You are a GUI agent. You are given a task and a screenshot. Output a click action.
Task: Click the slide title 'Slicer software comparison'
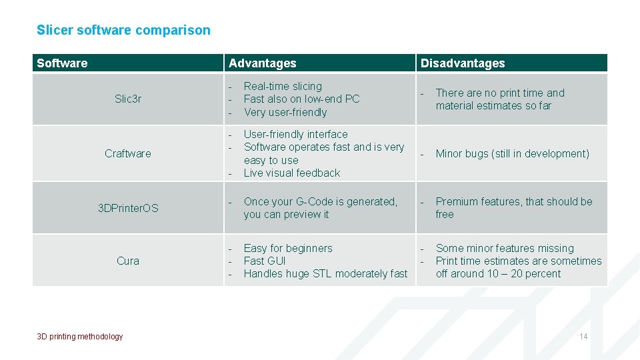123,30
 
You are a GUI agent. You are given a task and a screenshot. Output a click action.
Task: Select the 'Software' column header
62,63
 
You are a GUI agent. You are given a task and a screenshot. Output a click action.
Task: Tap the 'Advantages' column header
262,63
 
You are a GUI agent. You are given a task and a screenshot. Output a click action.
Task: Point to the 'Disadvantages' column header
462,63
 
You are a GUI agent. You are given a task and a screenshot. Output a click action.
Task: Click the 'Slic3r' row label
128,99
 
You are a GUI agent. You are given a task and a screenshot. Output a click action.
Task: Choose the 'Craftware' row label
128,153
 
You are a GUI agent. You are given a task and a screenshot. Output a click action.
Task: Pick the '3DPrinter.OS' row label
128,208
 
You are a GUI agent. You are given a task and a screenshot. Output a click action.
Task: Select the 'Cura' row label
128,261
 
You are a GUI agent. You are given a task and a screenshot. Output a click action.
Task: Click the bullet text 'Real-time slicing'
283,86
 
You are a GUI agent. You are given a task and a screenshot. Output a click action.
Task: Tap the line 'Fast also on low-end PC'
301,99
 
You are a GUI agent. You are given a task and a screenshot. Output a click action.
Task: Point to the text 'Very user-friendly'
285,112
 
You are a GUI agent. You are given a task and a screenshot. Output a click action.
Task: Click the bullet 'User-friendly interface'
295,134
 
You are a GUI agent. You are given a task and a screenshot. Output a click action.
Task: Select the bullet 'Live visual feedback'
292,173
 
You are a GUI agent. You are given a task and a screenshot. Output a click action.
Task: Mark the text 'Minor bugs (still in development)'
512,153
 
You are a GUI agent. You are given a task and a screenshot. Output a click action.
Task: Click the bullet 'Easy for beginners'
288,248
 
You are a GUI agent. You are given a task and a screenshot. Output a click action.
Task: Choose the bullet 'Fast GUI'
265,261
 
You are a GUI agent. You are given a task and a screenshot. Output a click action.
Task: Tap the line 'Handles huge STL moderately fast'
325,273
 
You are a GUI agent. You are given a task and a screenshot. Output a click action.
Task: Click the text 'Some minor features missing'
505,248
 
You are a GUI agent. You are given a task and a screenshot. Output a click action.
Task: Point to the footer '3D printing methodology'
80,337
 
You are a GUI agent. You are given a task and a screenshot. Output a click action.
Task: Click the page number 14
583,337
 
